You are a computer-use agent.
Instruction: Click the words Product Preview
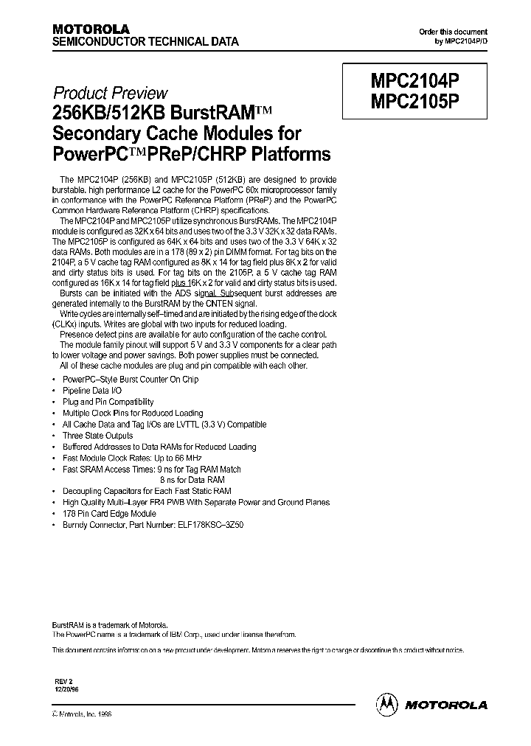pos(111,94)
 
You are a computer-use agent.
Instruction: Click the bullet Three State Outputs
pos(97,436)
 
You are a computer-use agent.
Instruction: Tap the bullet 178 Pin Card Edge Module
pos(109,514)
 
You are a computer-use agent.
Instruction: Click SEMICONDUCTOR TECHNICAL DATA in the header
pos(145,43)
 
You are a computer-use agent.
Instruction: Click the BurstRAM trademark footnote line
pos(114,623)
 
